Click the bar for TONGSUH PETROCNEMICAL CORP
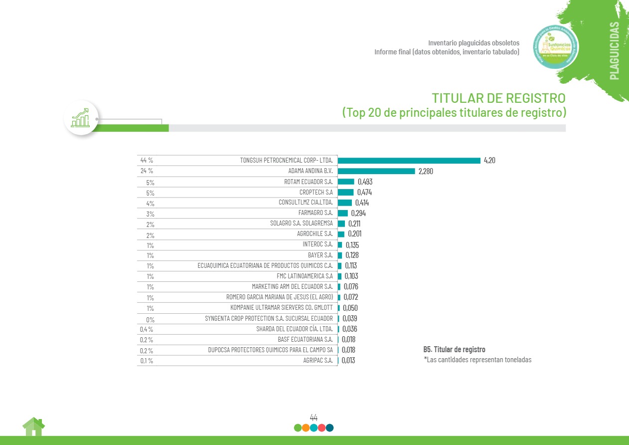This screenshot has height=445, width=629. tap(409, 161)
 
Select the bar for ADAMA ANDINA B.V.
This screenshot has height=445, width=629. tap(376, 171)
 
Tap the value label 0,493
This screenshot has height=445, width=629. tap(365, 182)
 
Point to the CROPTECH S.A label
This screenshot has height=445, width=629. tap(316, 192)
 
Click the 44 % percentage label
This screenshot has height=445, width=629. tap(147, 161)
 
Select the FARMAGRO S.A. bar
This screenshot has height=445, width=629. tap(343, 213)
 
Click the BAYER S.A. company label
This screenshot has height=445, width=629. tap(320, 255)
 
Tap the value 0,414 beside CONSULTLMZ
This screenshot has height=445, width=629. tap(362, 203)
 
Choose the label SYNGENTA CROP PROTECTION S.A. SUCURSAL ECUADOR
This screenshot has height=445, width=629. tap(269, 318)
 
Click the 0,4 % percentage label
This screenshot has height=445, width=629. tap(147, 329)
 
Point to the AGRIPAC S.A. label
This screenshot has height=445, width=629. tap(317, 360)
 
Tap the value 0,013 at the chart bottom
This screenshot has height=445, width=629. tap(348, 360)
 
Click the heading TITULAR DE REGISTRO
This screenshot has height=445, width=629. tap(498, 97)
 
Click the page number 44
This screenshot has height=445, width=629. tap(314, 417)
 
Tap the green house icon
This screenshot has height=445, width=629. tap(33, 427)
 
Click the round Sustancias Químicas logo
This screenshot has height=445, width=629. tap(555, 48)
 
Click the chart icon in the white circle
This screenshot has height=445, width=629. tap(81, 118)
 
